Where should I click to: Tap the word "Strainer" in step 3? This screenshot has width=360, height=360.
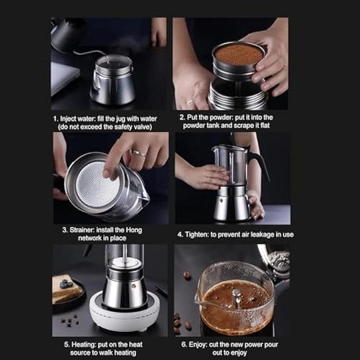pos(77,230)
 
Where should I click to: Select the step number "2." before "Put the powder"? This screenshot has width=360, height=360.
pos(182,118)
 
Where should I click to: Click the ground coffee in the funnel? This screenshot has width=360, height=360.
pos(238,54)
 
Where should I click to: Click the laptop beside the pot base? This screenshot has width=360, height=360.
pos(64,77)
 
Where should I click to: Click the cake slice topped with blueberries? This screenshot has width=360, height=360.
pos(66,289)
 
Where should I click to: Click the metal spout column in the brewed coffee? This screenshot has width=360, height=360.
pos(237,298)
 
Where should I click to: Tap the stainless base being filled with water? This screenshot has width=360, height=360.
pos(112,82)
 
